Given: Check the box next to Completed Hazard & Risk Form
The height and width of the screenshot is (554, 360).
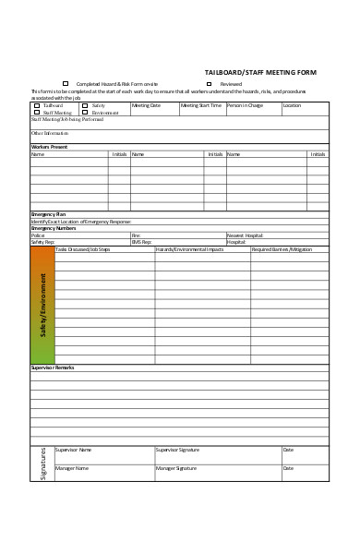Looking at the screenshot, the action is click(66, 83).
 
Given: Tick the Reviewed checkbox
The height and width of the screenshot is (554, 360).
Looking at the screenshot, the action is click(210, 83).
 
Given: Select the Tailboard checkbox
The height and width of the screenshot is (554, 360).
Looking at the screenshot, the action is click(37, 105).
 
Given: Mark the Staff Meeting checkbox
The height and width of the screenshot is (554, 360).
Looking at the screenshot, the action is click(37, 112).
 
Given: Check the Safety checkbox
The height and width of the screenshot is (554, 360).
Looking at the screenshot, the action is click(85, 105).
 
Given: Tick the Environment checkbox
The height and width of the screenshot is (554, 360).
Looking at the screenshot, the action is click(85, 112).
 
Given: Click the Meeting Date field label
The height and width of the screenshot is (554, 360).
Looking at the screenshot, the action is click(146, 105).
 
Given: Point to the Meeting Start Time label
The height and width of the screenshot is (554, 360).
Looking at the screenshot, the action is click(200, 105).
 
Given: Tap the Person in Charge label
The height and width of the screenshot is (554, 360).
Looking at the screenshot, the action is click(245, 105).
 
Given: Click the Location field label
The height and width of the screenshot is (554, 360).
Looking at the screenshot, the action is click(292, 105).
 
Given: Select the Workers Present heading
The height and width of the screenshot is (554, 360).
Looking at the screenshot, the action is click(49, 147).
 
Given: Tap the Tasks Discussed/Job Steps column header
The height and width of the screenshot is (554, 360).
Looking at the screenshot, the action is click(82, 249).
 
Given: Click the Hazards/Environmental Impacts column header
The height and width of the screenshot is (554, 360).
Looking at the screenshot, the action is click(188, 249).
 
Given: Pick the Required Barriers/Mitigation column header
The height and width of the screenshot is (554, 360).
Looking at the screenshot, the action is click(282, 249).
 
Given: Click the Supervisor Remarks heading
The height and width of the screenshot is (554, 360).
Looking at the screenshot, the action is click(53, 367).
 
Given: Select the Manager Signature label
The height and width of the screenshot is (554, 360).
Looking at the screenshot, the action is click(177, 468).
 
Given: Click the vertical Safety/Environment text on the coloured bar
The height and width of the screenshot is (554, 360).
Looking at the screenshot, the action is click(42, 305).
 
